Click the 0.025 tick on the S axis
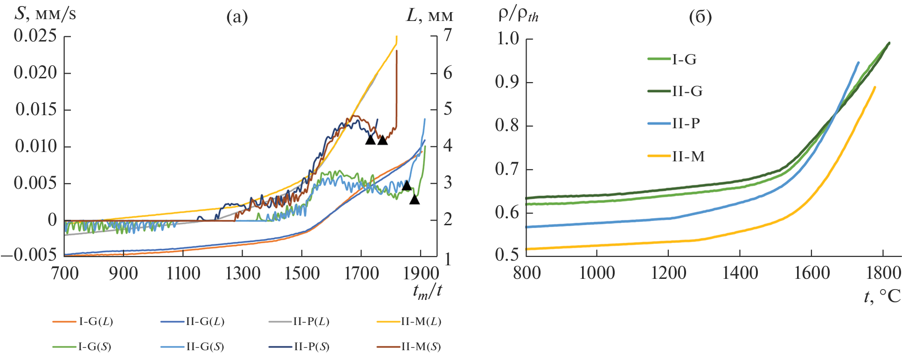35,36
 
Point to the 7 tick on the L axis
447,35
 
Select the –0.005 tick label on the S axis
29,256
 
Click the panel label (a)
237,17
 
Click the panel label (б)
700,17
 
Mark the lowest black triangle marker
415,200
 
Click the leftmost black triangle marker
370,140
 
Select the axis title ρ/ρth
518,15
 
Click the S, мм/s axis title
45,14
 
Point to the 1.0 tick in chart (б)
508,39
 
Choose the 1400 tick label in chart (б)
740,273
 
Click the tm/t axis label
427,291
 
